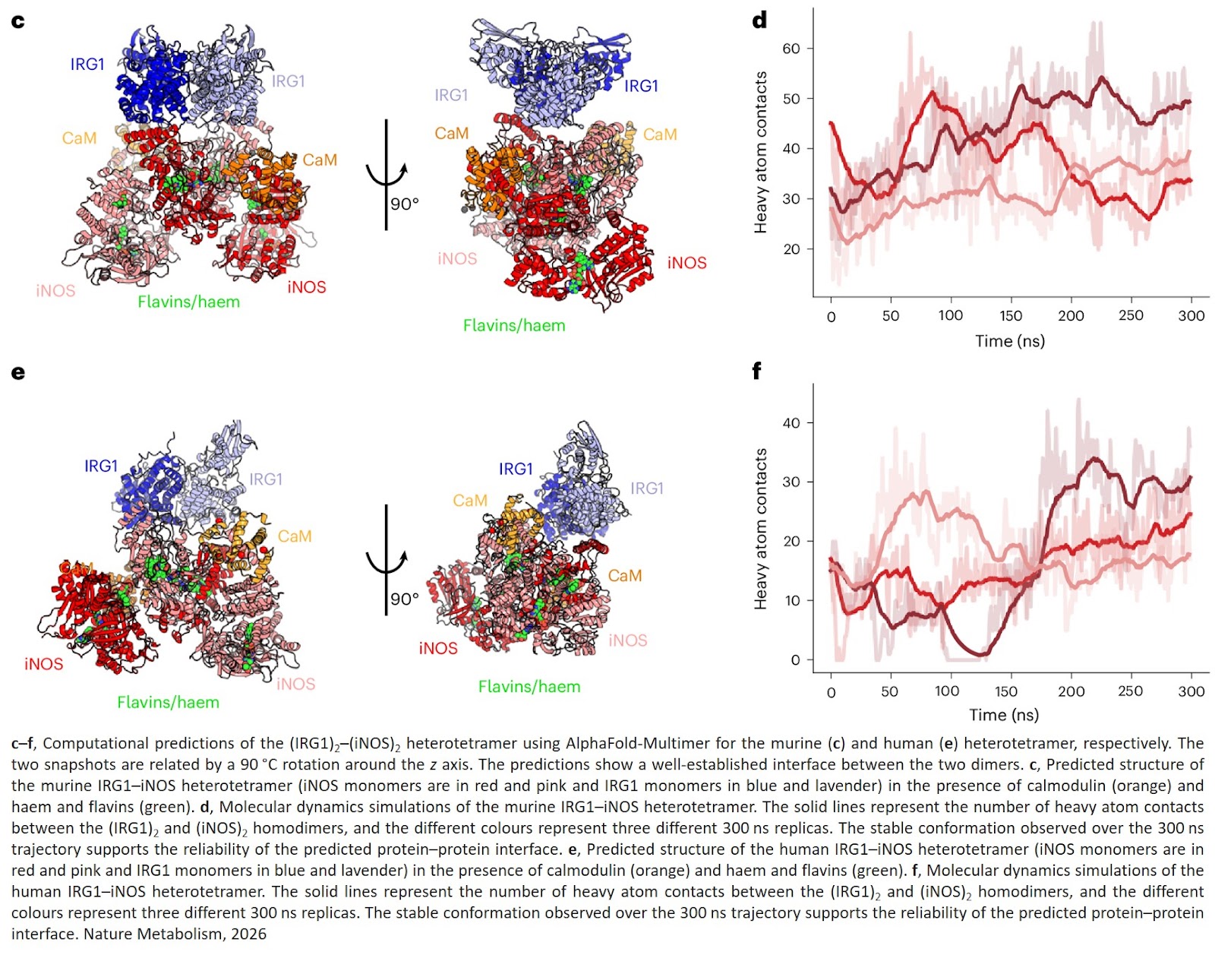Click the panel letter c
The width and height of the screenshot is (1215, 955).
tap(18, 21)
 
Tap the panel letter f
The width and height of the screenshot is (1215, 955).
tap(756, 372)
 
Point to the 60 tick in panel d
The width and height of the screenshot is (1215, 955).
tap(791, 49)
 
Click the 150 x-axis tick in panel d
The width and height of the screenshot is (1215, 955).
tap(1010, 316)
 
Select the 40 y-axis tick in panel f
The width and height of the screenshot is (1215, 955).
tap(791, 423)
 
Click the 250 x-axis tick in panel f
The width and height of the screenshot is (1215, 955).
tap(1130, 691)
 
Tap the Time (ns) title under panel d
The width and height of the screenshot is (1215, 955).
tap(1009, 341)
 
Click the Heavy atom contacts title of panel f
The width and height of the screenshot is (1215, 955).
tap(760, 529)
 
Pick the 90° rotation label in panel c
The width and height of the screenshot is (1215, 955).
tap(405, 204)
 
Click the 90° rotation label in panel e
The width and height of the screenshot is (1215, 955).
tap(405, 599)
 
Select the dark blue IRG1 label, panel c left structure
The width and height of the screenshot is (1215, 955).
tap(87, 65)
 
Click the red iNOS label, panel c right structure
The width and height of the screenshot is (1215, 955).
tap(686, 263)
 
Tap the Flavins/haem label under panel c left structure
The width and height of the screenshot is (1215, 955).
tap(188, 302)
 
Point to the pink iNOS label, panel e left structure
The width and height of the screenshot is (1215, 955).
tap(295, 684)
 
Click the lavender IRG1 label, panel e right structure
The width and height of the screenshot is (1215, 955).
tap(646, 489)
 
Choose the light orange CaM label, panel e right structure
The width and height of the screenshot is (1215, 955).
tap(469, 501)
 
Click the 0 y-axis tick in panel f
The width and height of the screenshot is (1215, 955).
tap(795, 660)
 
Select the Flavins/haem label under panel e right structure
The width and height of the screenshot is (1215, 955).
tap(529, 687)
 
